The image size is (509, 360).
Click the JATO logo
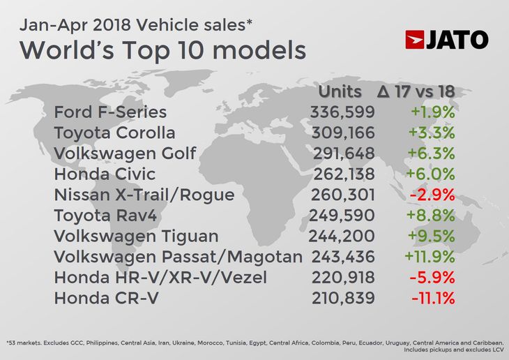coord(447,40)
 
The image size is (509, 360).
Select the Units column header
coord(340,92)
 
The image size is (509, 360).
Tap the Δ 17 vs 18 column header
coord(416,92)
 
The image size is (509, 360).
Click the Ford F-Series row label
coord(110,112)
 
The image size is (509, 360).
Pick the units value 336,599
coord(342,112)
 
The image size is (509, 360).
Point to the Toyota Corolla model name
coord(114,133)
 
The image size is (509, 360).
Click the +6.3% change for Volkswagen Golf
coord(432,153)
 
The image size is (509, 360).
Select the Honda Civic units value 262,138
coord(342,173)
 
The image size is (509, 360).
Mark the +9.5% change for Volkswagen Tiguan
coord(432,236)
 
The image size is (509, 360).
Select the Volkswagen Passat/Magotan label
coord(178,257)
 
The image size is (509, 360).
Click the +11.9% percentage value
coord(429,257)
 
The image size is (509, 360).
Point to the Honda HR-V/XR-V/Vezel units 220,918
coord(342,278)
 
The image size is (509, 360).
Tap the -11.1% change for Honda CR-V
coord(432,299)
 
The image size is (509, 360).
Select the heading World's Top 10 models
coord(162,50)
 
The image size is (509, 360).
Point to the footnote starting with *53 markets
coord(254,347)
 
